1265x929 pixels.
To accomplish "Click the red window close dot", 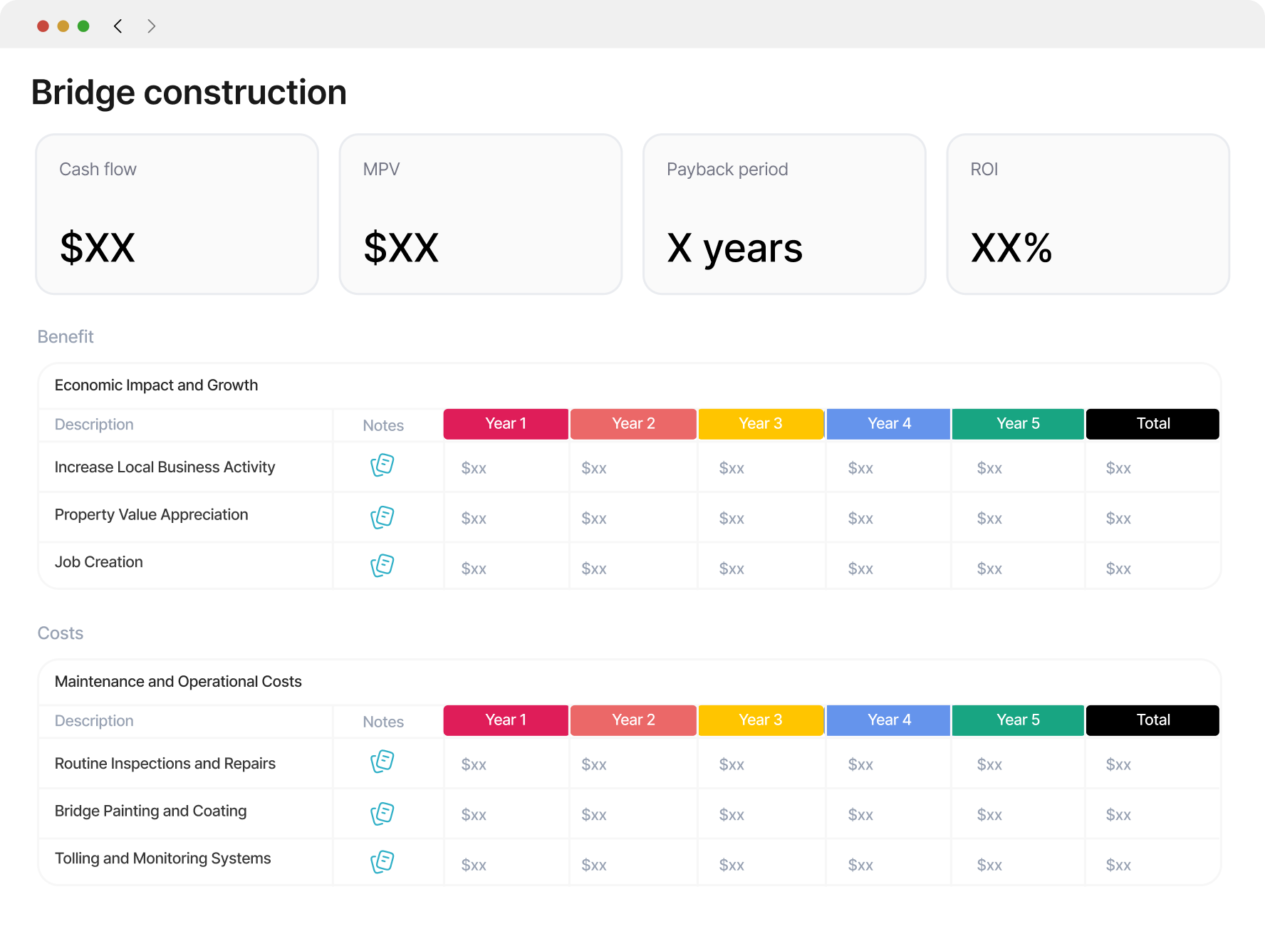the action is tap(43, 26).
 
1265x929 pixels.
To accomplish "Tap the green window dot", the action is tap(83, 26).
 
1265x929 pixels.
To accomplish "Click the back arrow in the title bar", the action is tap(118, 26).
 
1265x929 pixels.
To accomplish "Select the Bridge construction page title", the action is tap(189, 93).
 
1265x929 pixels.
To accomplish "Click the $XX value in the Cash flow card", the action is tap(98, 248).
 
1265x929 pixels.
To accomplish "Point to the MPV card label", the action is tap(381, 170).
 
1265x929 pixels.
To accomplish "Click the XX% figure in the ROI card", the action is tap(1011, 248).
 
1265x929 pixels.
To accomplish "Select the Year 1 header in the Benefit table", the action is tap(506, 424).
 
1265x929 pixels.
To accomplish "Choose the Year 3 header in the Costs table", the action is tap(761, 720).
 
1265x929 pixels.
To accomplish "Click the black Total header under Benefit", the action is tap(1152, 424).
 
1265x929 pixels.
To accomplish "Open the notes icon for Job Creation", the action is tap(382, 566).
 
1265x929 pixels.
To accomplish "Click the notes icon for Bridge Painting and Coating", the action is tap(382, 814).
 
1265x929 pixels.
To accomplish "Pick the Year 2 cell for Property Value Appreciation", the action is tap(594, 519).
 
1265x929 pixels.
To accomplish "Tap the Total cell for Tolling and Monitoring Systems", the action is tap(1118, 865).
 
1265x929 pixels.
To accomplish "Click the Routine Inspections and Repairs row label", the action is tap(165, 764).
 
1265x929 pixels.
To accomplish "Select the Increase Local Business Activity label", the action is tap(165, 467).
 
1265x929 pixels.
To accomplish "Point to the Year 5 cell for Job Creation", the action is tap(989, 569).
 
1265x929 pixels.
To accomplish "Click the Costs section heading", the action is tap(61, 633).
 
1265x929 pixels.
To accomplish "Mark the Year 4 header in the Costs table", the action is tap(889, 720).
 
